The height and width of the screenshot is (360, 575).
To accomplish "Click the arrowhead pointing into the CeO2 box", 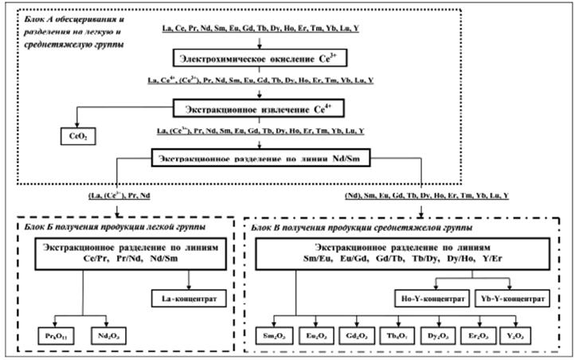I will coord(76,125).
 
